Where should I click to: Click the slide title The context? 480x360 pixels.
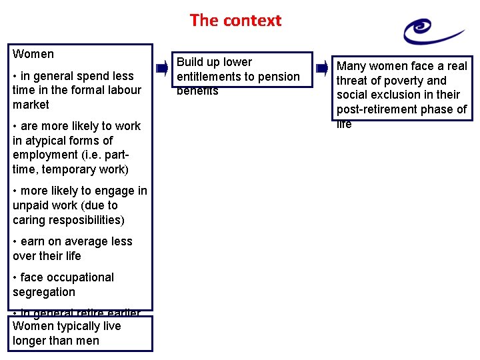point(235,20)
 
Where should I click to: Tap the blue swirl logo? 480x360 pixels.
point(432,31)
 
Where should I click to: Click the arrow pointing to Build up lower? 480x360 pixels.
point(162,68)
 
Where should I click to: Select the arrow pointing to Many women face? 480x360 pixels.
point(323,68)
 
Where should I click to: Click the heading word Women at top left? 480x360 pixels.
point(33,54)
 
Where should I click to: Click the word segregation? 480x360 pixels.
point(44,292)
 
